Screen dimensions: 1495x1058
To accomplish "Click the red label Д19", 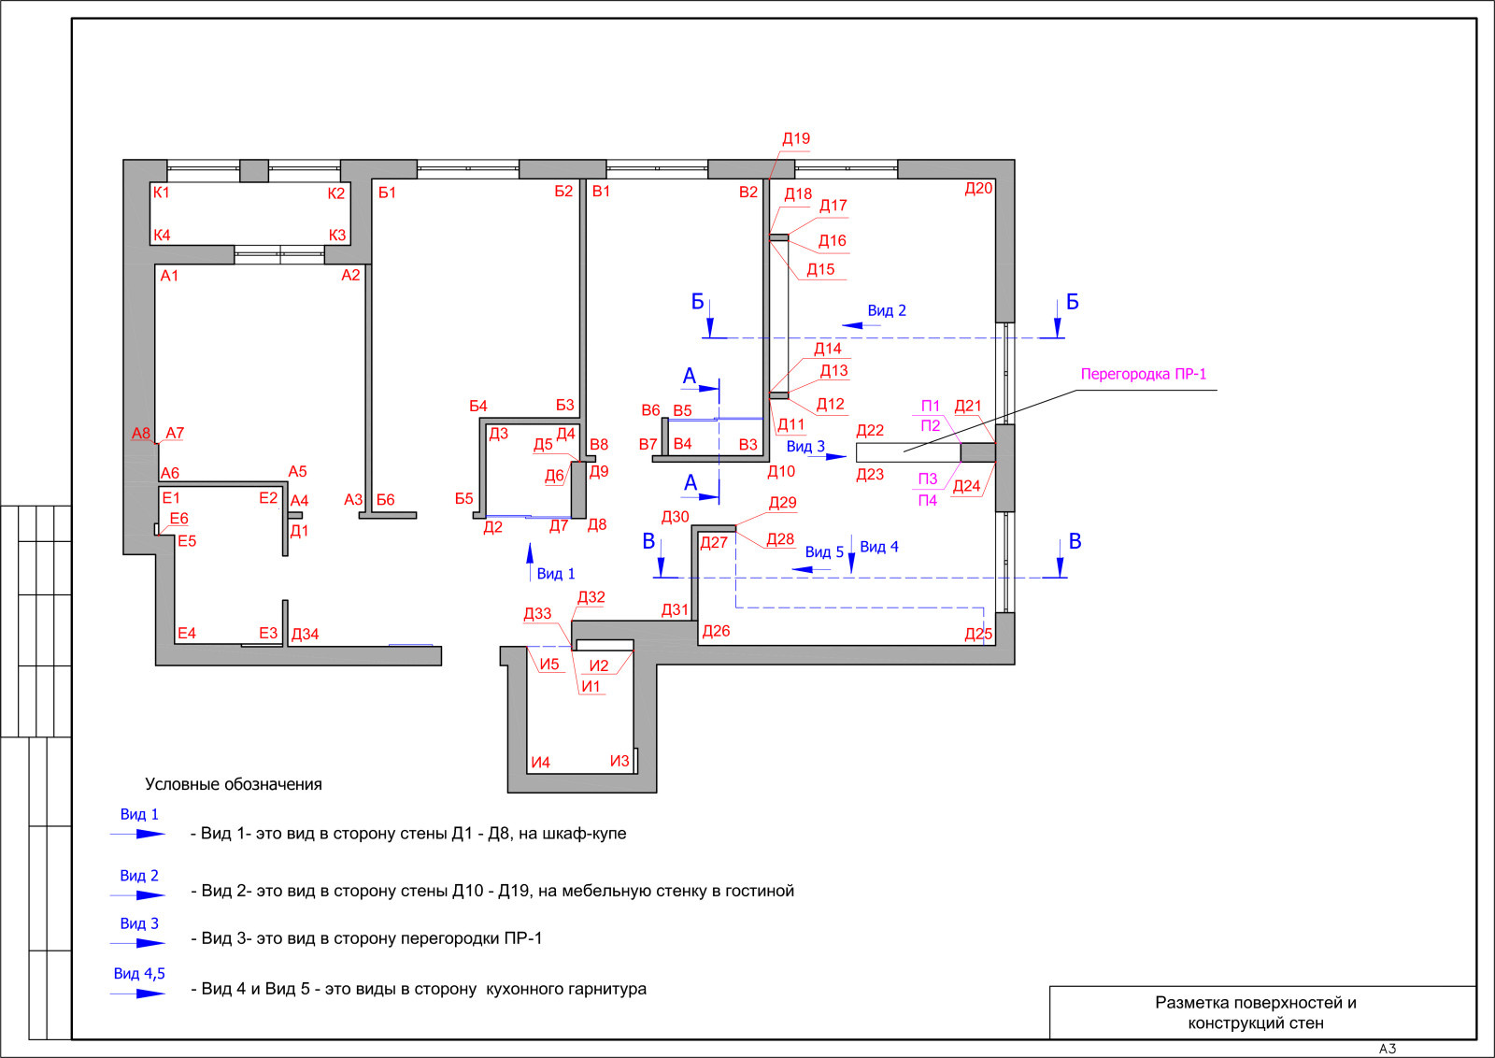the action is click(x=795, y=139).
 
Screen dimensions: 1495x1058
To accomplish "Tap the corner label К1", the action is click(x=162, y=193).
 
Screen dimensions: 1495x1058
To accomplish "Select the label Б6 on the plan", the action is click(x=385, y=499).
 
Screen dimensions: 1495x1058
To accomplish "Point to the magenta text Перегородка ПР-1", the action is click(x=1144, y=375).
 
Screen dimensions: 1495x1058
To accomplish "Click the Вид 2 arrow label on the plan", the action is click(x=887, y=310).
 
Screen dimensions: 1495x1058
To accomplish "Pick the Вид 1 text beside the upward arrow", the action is click(x=555, y=573).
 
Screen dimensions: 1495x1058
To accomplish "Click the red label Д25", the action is click(x=978, y=634).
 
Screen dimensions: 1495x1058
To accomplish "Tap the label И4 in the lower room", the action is click(x=541, y=763).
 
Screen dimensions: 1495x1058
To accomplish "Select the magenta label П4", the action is click(x=927, y=501).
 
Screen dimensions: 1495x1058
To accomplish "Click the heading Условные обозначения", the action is click(x=233, y=784).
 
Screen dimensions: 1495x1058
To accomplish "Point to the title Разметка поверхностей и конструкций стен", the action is click(x=1256, y=1012).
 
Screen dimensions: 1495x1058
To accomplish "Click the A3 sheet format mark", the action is click(x=1388, y=1049).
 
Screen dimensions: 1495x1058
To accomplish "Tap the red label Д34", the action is click(x=305, y=634).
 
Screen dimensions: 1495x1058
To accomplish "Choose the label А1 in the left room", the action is click(x=169, y=276).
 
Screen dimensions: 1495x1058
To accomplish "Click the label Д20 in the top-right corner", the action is click(x=978, y=189).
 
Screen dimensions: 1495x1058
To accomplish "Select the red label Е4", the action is click(x=187, y=633).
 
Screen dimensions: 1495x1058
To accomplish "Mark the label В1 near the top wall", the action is click(x=602, y=192).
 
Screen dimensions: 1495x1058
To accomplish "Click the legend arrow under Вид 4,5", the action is click(x=138, y=994).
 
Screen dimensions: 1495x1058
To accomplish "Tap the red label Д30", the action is click(x=676, y=517).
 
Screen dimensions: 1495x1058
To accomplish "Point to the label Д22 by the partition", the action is click(x=870, y=431).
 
